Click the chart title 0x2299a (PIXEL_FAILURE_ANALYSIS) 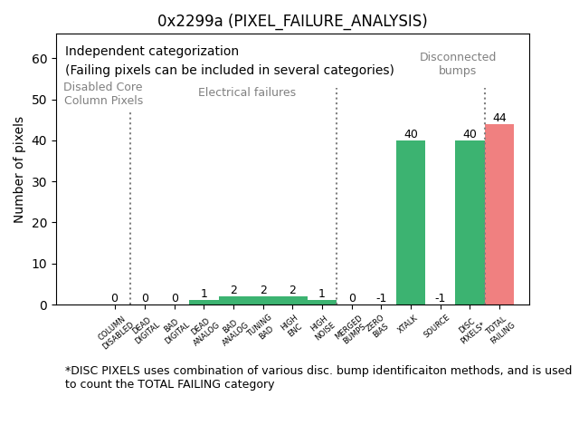pyautogui.click(x=292, y=21)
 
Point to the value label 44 pyautogui.click(x=499, y=118)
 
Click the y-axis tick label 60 pyautogui.click(x=40, y=59)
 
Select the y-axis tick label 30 pyautogui.click(x=40, y=182)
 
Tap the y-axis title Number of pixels pyautogui.click(x=19, y=169)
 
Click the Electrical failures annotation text pyautogui.click(x=247, y=92)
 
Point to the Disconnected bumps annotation pyautogui.click(x=458, y=63)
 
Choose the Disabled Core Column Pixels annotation pyautogui.click(x=103, y=93)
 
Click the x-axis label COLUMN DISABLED pyautogui.click(x=116, y=333)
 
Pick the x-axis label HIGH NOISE pyautogui.click(x=321, y=328)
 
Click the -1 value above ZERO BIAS pyautogui.click(x=381, y=298)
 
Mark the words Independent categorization pyautogui.click(x=152, y=52)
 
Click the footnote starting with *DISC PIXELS pyautogui.click(x=317, y=377)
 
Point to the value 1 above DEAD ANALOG pyautogui.click(x=204, y=294)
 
